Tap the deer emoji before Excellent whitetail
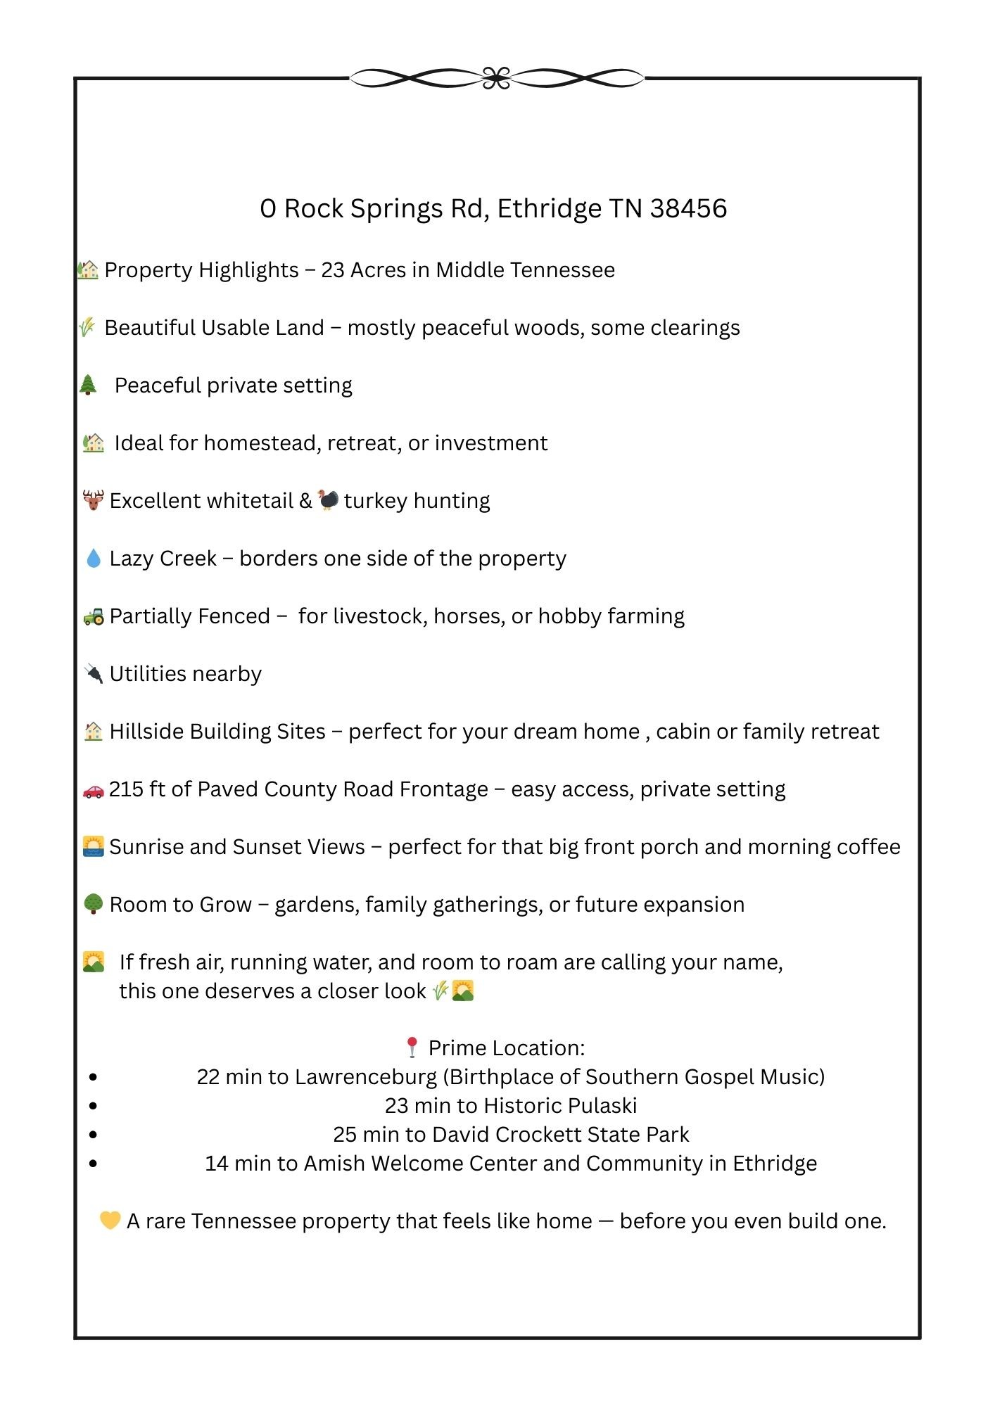point(93,500)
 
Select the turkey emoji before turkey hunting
point(328,499)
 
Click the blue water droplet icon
point(93,559)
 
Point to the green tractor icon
point(93,616)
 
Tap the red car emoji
point(93,791)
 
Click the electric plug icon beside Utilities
point(93,673)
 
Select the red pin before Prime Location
point(412,1048)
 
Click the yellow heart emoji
point(110,1220)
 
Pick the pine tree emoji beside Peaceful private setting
point(88,385)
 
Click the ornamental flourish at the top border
point(497,78)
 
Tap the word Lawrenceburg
point(366,1077)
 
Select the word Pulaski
point(602,1106)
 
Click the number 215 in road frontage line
point(126,789)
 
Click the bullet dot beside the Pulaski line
point(94,1106)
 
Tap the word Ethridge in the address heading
point(550,208)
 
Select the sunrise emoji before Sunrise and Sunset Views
point(93,846)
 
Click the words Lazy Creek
point(163,559)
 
